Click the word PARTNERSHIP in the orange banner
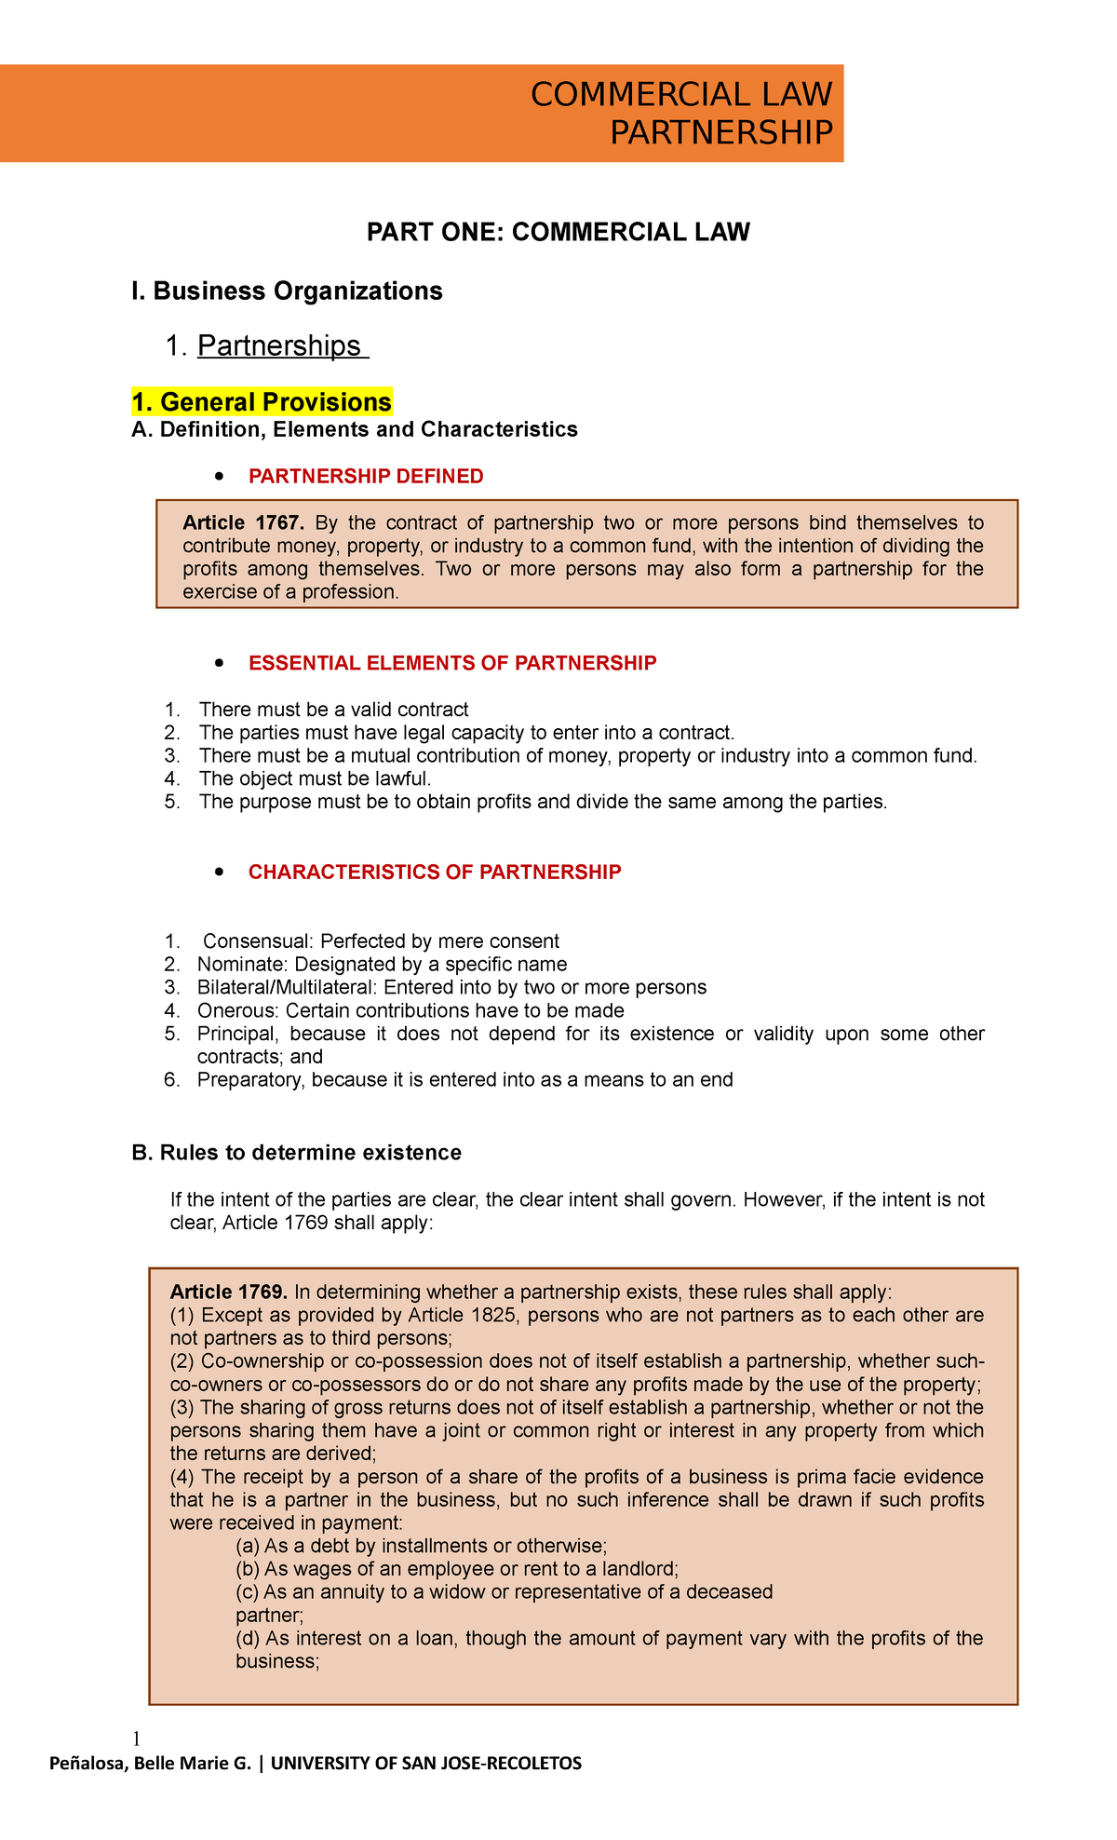pyautogui.click(x=720, y=133)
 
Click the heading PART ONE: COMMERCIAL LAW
pyautogui.click(x=558, y=232)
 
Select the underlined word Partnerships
pyautogui.click(x=279, y=345)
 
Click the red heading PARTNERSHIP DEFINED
pyautogui.click(x=366, y=477)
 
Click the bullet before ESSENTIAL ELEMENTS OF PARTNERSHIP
pyautogui.click(x=218, y=664)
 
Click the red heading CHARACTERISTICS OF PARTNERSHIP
pyautogui.click(x=435, y=873)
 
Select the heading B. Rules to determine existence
pyautogui.click(x=297, y=1153)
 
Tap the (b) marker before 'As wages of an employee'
pyautogui.click(x=248, y=1569)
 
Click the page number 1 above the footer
pyautogui.click(x=137, y=1739)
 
